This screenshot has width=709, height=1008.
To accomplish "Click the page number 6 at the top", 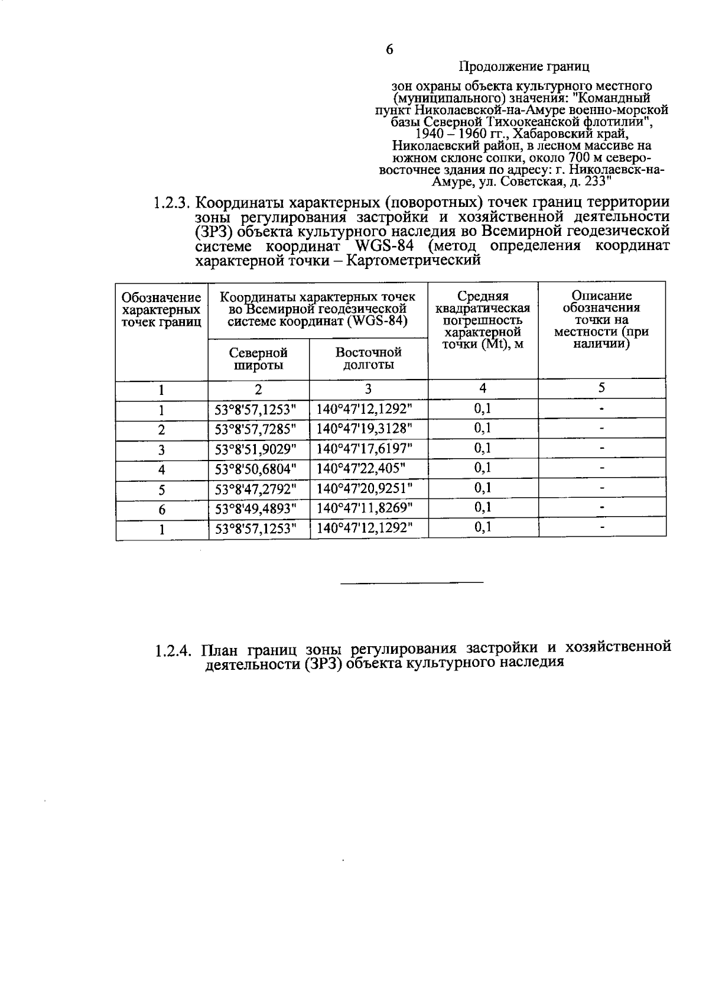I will [389, 50].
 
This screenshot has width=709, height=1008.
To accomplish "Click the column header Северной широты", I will [258, 359].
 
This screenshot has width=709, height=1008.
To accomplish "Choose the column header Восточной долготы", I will [369, 358].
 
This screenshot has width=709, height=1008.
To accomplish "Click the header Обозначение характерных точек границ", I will [161, 309].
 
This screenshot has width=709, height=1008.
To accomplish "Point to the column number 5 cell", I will [601, 388].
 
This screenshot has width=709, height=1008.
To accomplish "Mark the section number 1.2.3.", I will [171, 204].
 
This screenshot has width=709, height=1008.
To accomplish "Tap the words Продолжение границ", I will [524, 67].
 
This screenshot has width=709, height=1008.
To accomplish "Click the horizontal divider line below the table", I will [412, 583].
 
